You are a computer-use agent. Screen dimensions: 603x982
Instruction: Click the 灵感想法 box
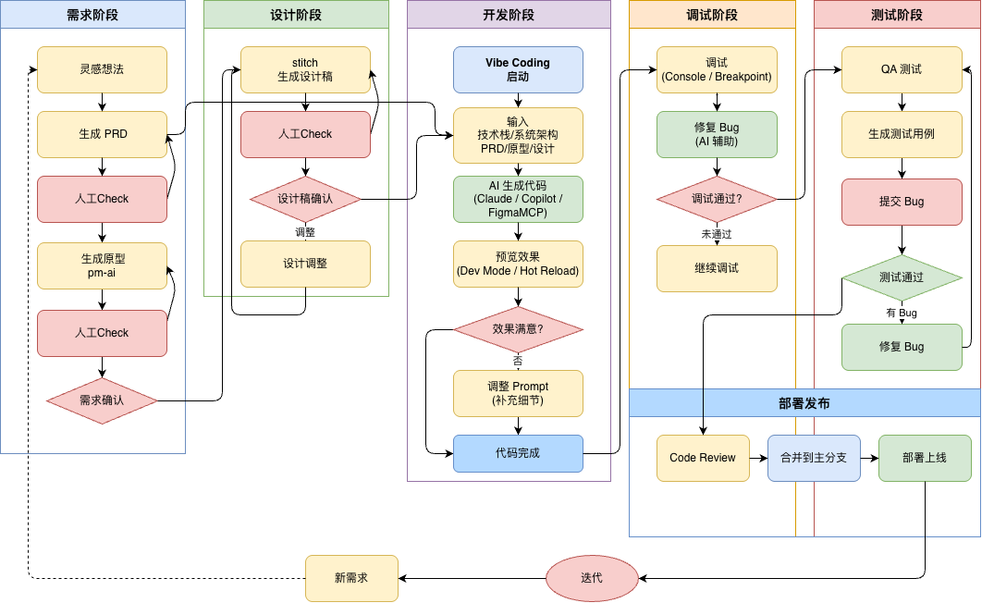[x=102, y=69]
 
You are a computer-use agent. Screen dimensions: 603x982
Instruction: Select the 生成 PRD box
[x=102, y=134]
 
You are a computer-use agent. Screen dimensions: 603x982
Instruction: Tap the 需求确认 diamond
[x=102, y=400]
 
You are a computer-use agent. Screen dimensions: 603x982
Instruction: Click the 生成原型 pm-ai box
[x=102, y=265]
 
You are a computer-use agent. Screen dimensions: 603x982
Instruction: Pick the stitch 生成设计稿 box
[x=305, y=69]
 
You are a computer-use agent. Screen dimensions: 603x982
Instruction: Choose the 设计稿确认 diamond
[x=305, y=199]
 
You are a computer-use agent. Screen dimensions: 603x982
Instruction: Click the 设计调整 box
[x=305, y=264]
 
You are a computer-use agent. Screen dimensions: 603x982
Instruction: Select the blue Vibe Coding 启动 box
[x=518, y=69]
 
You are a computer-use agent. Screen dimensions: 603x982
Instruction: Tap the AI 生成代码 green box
[x=518, y=199]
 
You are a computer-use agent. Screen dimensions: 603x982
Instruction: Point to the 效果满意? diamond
[x=518, y=328]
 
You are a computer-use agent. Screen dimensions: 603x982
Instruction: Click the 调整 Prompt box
[x=518, y=393]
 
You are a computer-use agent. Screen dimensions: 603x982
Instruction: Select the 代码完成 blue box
[x=518, y=453]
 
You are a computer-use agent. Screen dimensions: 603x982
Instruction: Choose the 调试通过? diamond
[x=717, y=199]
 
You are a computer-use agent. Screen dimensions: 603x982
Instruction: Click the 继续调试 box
[x=717, y=268]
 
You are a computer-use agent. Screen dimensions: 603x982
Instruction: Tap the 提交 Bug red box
[x=902, y=202]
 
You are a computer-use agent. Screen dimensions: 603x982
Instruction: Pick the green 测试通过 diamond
[x=902, y=277]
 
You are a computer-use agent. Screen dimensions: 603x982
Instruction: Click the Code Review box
[x=703, y=458]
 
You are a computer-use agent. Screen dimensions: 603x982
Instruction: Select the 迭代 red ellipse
[x=592, y=578]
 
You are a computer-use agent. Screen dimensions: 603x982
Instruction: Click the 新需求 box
[x=351, y=578]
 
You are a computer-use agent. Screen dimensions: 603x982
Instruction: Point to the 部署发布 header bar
[x=804, y=403]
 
